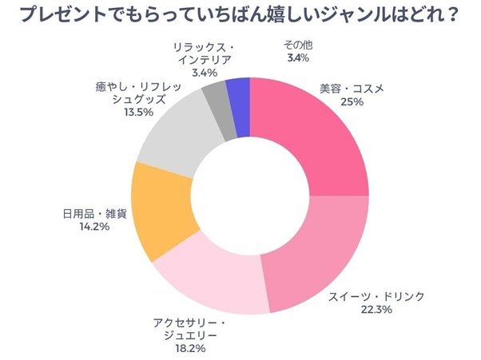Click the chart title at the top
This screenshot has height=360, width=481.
240,16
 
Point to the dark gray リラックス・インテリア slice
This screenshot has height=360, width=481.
217,100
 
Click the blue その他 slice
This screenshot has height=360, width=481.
238,94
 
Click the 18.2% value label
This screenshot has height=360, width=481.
189,349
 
